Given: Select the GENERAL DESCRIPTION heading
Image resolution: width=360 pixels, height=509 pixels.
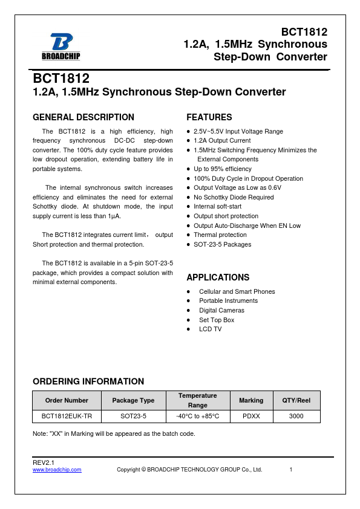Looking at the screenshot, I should coord(83,117).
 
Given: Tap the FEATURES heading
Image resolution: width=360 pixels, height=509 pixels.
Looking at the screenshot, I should coord(209,117).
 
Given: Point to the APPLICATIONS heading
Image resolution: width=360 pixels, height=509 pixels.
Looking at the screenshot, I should coord(218,277).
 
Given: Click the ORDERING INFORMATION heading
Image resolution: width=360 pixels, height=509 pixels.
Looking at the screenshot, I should coord(88,381).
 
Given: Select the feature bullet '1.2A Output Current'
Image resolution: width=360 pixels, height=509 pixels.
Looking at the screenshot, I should coord(222,141).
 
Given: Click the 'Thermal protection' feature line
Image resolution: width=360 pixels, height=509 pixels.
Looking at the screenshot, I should coord(220,235).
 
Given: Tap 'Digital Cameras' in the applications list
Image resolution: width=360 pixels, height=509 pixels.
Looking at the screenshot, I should coord(222,310).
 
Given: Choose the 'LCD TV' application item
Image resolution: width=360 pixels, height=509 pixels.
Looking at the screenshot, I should coord(211,329).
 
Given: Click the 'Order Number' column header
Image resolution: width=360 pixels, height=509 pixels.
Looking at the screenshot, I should coord(67,400).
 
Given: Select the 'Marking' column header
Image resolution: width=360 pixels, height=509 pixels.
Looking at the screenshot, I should coord(251,400).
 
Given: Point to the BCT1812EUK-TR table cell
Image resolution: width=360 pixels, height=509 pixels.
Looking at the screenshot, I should coord(67,417).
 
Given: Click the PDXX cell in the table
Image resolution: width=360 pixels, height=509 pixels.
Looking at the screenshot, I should coord(251,417).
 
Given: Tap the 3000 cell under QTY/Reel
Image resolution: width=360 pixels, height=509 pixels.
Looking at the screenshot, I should coord(296,417).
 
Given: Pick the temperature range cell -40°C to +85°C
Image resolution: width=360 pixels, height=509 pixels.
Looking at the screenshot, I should coord(197,417).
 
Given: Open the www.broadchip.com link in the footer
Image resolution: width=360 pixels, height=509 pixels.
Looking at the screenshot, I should coord(57,470).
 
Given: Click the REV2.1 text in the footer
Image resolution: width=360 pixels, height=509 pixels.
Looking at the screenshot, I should coord(44,462).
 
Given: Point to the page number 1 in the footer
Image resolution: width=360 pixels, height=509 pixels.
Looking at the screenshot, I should coord(291,470).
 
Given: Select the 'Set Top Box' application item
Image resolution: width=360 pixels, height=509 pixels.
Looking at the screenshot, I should coord(217,320).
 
